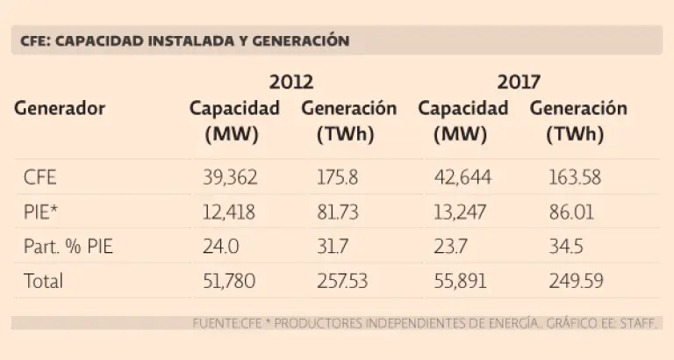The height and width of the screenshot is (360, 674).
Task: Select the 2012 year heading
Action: pos(291,83)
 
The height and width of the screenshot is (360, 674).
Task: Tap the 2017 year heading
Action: pos(519,83)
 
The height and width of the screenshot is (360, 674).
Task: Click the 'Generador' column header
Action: pos(60,109)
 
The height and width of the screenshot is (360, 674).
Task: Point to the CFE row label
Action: pos(40,177)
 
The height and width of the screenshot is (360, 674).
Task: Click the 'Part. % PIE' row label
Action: pos(68,247)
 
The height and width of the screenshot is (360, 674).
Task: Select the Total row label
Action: pos(44,281)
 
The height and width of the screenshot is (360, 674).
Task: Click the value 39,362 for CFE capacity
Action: pos(229,177)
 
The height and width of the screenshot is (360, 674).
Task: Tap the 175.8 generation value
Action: pos(336,177)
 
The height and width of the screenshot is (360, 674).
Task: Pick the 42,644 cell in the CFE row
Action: pos(462,177)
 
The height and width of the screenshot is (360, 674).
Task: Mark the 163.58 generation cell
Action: pos(573,177)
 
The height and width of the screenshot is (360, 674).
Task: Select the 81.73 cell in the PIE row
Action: pos(338,212)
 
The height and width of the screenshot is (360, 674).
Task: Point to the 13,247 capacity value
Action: pos(462,212)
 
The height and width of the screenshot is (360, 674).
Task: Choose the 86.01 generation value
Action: pos(569,212)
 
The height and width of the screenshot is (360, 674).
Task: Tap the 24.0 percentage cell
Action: pos(220,247)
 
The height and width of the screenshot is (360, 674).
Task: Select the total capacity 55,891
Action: pos(462,281)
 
